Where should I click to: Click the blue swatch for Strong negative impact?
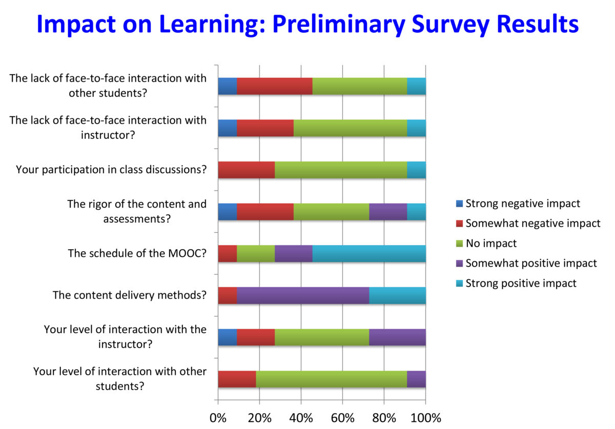pos(459,203)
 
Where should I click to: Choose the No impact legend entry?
pos(486,243)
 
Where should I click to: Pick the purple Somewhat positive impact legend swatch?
pos(459,263)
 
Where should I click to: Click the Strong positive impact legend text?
pos(521,283)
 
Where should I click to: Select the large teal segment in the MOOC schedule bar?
pos(369,254)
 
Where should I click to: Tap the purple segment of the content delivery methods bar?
pos(303,296)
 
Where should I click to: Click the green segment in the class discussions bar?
pos(341,170)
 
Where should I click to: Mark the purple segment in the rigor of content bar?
pos(388,212)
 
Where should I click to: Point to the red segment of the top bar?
pos(275,86)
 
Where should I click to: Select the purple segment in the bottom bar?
pos(416,379)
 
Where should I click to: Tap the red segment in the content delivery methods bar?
pos(228,296)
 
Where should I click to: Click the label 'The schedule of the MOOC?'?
pos(137,253)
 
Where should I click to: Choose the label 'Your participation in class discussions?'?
pos(111,170)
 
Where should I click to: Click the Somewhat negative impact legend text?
pos(533,223)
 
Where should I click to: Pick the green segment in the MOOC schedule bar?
pos(256,254)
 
